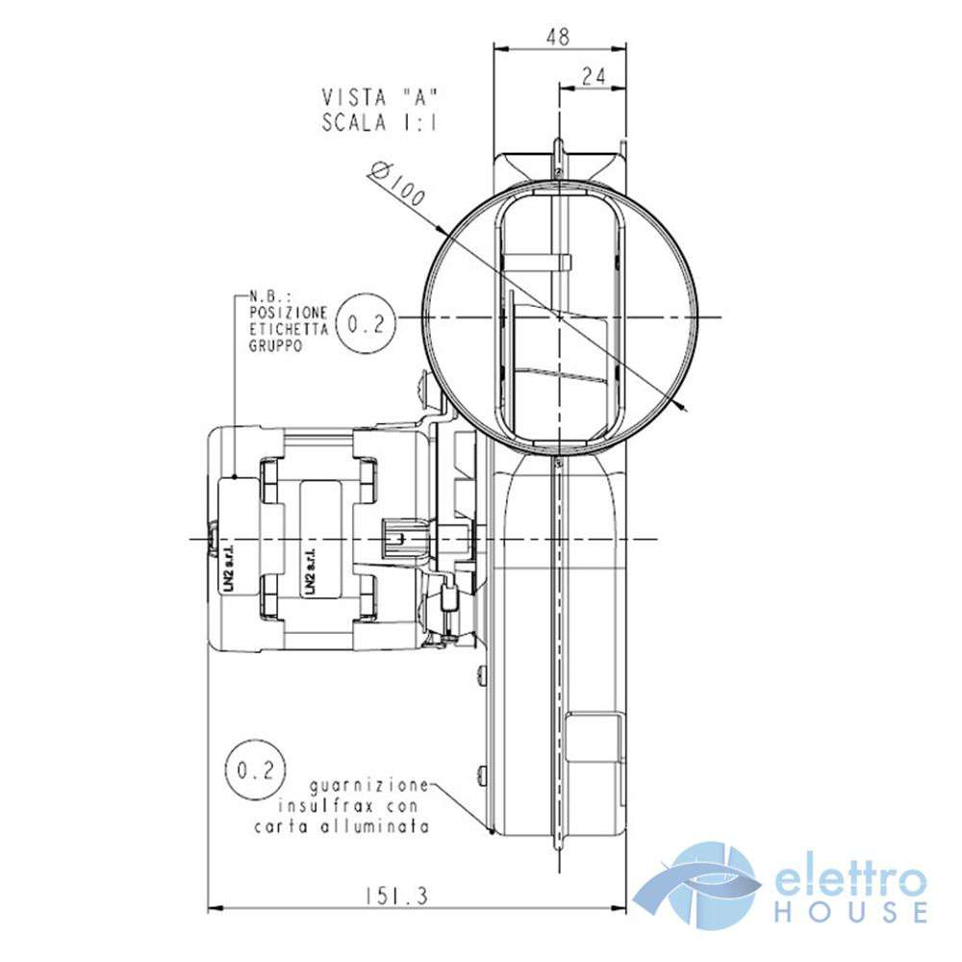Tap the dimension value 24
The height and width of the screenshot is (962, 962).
[x=594, y=76]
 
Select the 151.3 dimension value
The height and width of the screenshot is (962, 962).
[x=396, y=897]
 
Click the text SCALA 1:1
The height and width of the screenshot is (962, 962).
[x=380, y=123]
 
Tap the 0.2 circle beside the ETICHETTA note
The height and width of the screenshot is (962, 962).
[x=366, y=323]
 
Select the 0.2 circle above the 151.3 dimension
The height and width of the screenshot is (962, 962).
[x=255, y=770]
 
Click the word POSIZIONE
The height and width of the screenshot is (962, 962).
[x=289, y=313]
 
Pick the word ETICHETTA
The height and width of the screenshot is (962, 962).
[x=289, y=329]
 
